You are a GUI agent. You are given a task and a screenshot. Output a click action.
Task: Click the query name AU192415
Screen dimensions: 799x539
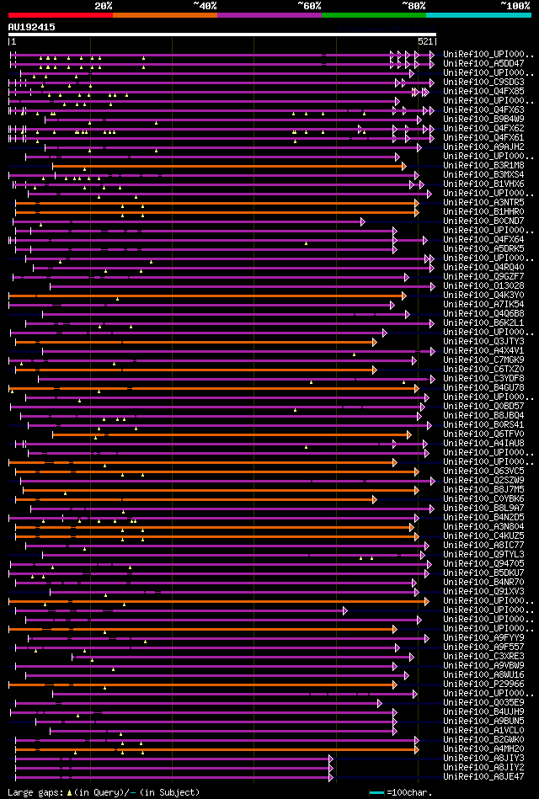point(32,27)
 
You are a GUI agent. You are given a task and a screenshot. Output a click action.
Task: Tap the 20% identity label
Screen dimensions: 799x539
point(104,5)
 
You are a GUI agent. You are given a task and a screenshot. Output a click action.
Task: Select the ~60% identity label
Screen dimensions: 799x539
point(309,5)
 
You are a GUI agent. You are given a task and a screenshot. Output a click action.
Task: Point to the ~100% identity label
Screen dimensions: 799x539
point(515,5)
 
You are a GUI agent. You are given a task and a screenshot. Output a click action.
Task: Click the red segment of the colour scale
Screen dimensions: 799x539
point(60,14)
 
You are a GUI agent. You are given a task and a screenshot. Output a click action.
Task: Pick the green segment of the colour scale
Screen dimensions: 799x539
point(373,14)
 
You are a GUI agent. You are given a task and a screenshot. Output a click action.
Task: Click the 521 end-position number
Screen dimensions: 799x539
point(425,41)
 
